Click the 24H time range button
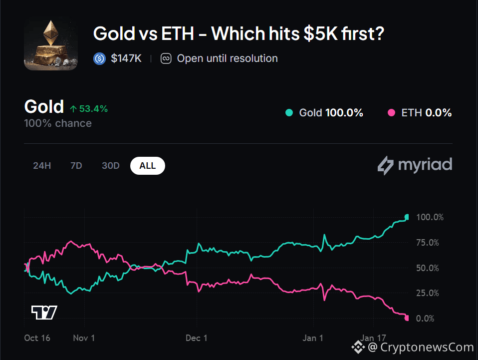[42, 166]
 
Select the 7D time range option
[76, 166]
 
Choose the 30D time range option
[111, 166]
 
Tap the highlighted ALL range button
[148, 166]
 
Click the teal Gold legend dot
[289, 113]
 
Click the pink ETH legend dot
[391, 113]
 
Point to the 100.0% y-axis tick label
[430, 217]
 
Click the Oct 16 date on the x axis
[37, 338]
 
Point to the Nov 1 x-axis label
[84, 338]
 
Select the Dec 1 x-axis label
[197, 338]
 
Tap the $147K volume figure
[126, 58]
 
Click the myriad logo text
[425, 165]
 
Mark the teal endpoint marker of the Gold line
[407, 217]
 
